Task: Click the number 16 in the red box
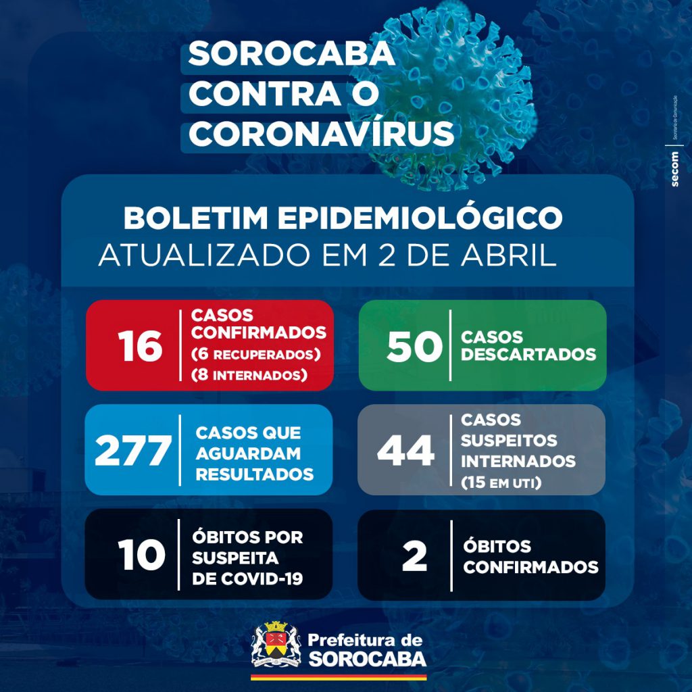click(141, 346)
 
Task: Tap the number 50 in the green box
click(414, 346)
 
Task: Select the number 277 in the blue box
click(132, 451)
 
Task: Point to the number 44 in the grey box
click(405, 451)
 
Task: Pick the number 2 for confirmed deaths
click(414, 555)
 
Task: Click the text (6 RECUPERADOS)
click(255, 354)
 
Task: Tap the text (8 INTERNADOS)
click(249, 374)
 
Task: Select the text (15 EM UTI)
click(501, 483)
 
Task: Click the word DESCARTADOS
click(529, 354)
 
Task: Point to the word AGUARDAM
click(248, 453)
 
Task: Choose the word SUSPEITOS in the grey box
click(510, 441)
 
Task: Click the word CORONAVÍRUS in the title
click(321, 133)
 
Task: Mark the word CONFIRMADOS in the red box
click(259, 333)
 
